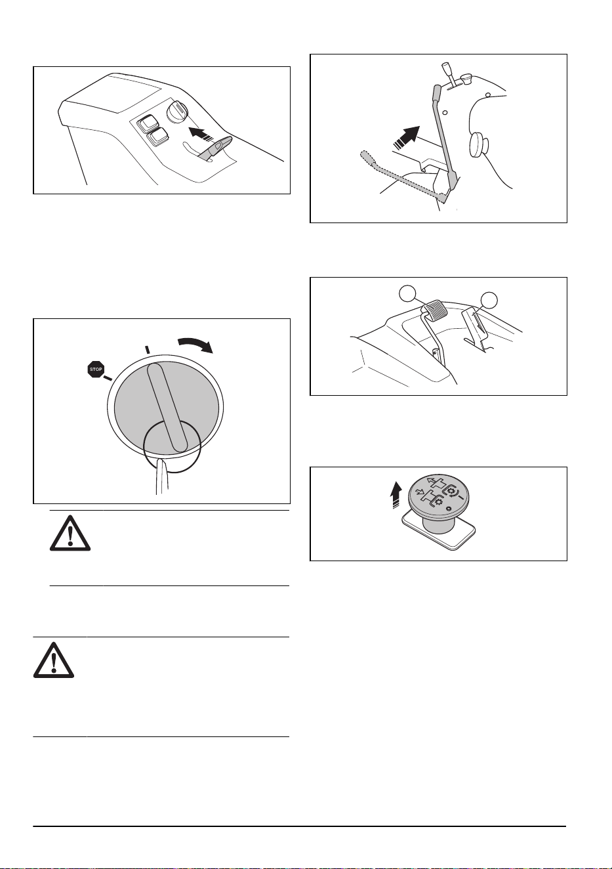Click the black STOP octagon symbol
(x=95, y=369)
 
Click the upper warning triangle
(x=70, y=533)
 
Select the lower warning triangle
(x=54, y=660)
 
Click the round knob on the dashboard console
(x=178, y=112)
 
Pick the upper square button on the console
(x=148, y=124)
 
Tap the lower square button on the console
(x=157, y=137)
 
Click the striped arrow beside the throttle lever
(x=201, y=135)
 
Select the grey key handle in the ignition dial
(x=167, y=408)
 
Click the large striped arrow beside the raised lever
(x=406, y=138)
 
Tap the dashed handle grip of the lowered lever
(x=368, y=160)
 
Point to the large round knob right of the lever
(x=479, y=144)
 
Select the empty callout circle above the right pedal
(x=489, y=301)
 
